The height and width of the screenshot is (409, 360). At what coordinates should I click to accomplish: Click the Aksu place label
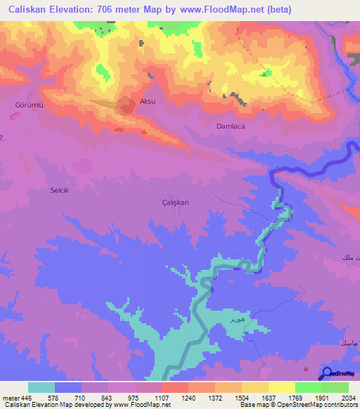(x=147, y=102)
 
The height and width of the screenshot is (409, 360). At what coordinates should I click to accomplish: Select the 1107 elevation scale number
(x=161, y=398)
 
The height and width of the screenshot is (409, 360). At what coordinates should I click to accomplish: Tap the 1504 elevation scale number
(x=241, y=398)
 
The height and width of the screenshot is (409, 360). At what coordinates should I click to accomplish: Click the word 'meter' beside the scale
(x=11, y=398)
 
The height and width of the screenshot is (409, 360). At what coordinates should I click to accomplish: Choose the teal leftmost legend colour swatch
(x=41, y=387)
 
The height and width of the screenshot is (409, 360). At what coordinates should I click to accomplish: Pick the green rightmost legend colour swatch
(x=335, y=387)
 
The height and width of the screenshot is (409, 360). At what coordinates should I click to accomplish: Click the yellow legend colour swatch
(x=281, y=387)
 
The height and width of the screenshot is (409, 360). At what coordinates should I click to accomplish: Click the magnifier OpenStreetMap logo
(x=327, y=374)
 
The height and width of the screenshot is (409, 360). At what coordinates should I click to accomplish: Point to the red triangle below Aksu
(x=144, y=131)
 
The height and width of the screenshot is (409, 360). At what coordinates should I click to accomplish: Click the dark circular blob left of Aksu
(x=126, y=106)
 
